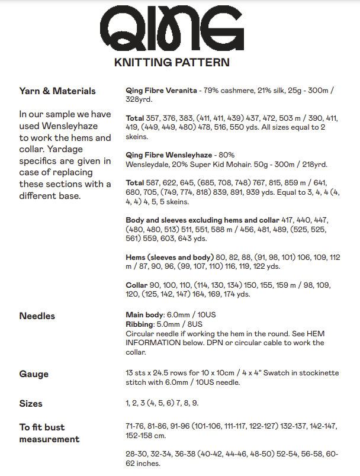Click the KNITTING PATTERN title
coord(171,62)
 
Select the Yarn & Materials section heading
coord(57,91)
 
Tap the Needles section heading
coord(37,316)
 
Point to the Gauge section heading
coord(34,374)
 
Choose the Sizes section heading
coord(31,404)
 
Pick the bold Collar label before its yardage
coord(137,285)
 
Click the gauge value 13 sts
coord(136,374)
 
